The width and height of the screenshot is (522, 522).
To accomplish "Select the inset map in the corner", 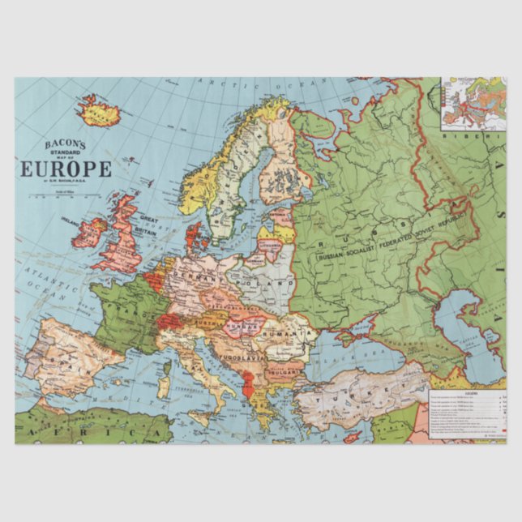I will pyautogui.click(x=473, y=105).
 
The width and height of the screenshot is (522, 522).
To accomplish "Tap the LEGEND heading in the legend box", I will pyautogui.click(x=470, y=390).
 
